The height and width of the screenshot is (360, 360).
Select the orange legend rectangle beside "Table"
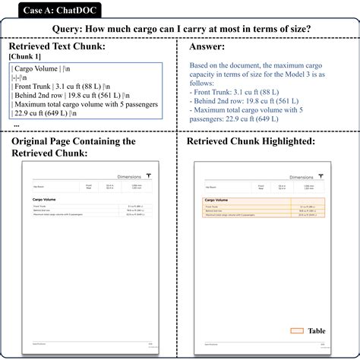[297, 331]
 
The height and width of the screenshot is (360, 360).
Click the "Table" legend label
[317, 331]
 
